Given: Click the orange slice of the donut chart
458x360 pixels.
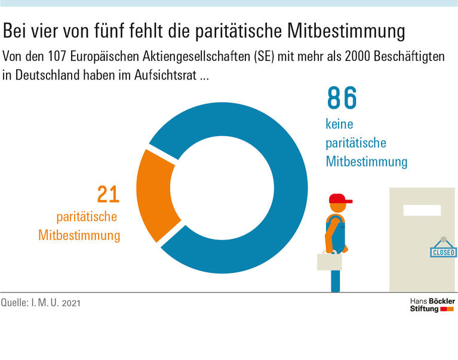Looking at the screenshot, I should point(156,193).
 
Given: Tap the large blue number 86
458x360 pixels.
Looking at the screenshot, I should point(342,99).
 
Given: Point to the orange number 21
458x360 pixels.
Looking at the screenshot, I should point(108,195).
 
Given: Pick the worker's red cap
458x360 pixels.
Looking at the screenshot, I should point(339,198).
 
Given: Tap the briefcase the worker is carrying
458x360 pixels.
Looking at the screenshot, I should point(329,261).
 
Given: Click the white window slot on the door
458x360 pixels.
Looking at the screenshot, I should point(422,210).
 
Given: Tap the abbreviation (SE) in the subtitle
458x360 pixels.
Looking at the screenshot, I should point(264,57).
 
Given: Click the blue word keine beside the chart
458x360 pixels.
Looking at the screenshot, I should point(339,125).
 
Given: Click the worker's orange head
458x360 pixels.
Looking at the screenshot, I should point(338,207).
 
